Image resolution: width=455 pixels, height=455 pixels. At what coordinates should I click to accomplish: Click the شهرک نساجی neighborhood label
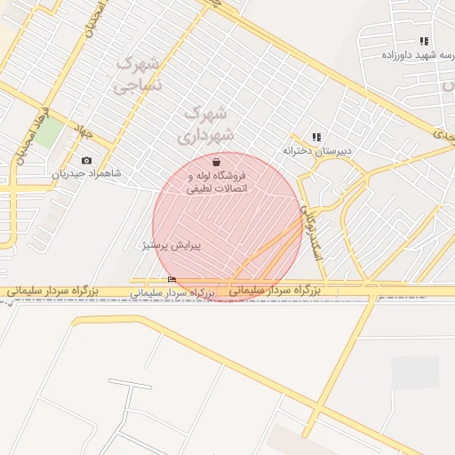[x=138, y=75]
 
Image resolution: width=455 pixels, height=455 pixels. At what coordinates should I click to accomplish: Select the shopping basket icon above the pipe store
[x=217, y=163]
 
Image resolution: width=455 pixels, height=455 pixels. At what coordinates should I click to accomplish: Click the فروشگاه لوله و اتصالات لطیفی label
[x=217, y=182]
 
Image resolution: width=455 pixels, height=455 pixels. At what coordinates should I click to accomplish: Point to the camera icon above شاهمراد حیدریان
[x=86, y=161]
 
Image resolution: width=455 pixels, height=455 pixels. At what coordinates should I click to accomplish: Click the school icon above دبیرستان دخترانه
[x=316, y=137]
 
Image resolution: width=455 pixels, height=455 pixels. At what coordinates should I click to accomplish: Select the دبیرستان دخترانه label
[x=317, y=150]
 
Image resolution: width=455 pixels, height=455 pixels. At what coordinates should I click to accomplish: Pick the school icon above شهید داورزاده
[x=424, y=41]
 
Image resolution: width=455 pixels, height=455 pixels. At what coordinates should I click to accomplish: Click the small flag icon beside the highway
[x=172, y=280]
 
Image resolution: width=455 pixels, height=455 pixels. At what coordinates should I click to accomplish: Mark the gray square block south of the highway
[x=415, y=372]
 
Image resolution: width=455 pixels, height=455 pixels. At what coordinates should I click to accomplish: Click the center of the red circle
[x=227, y=227]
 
